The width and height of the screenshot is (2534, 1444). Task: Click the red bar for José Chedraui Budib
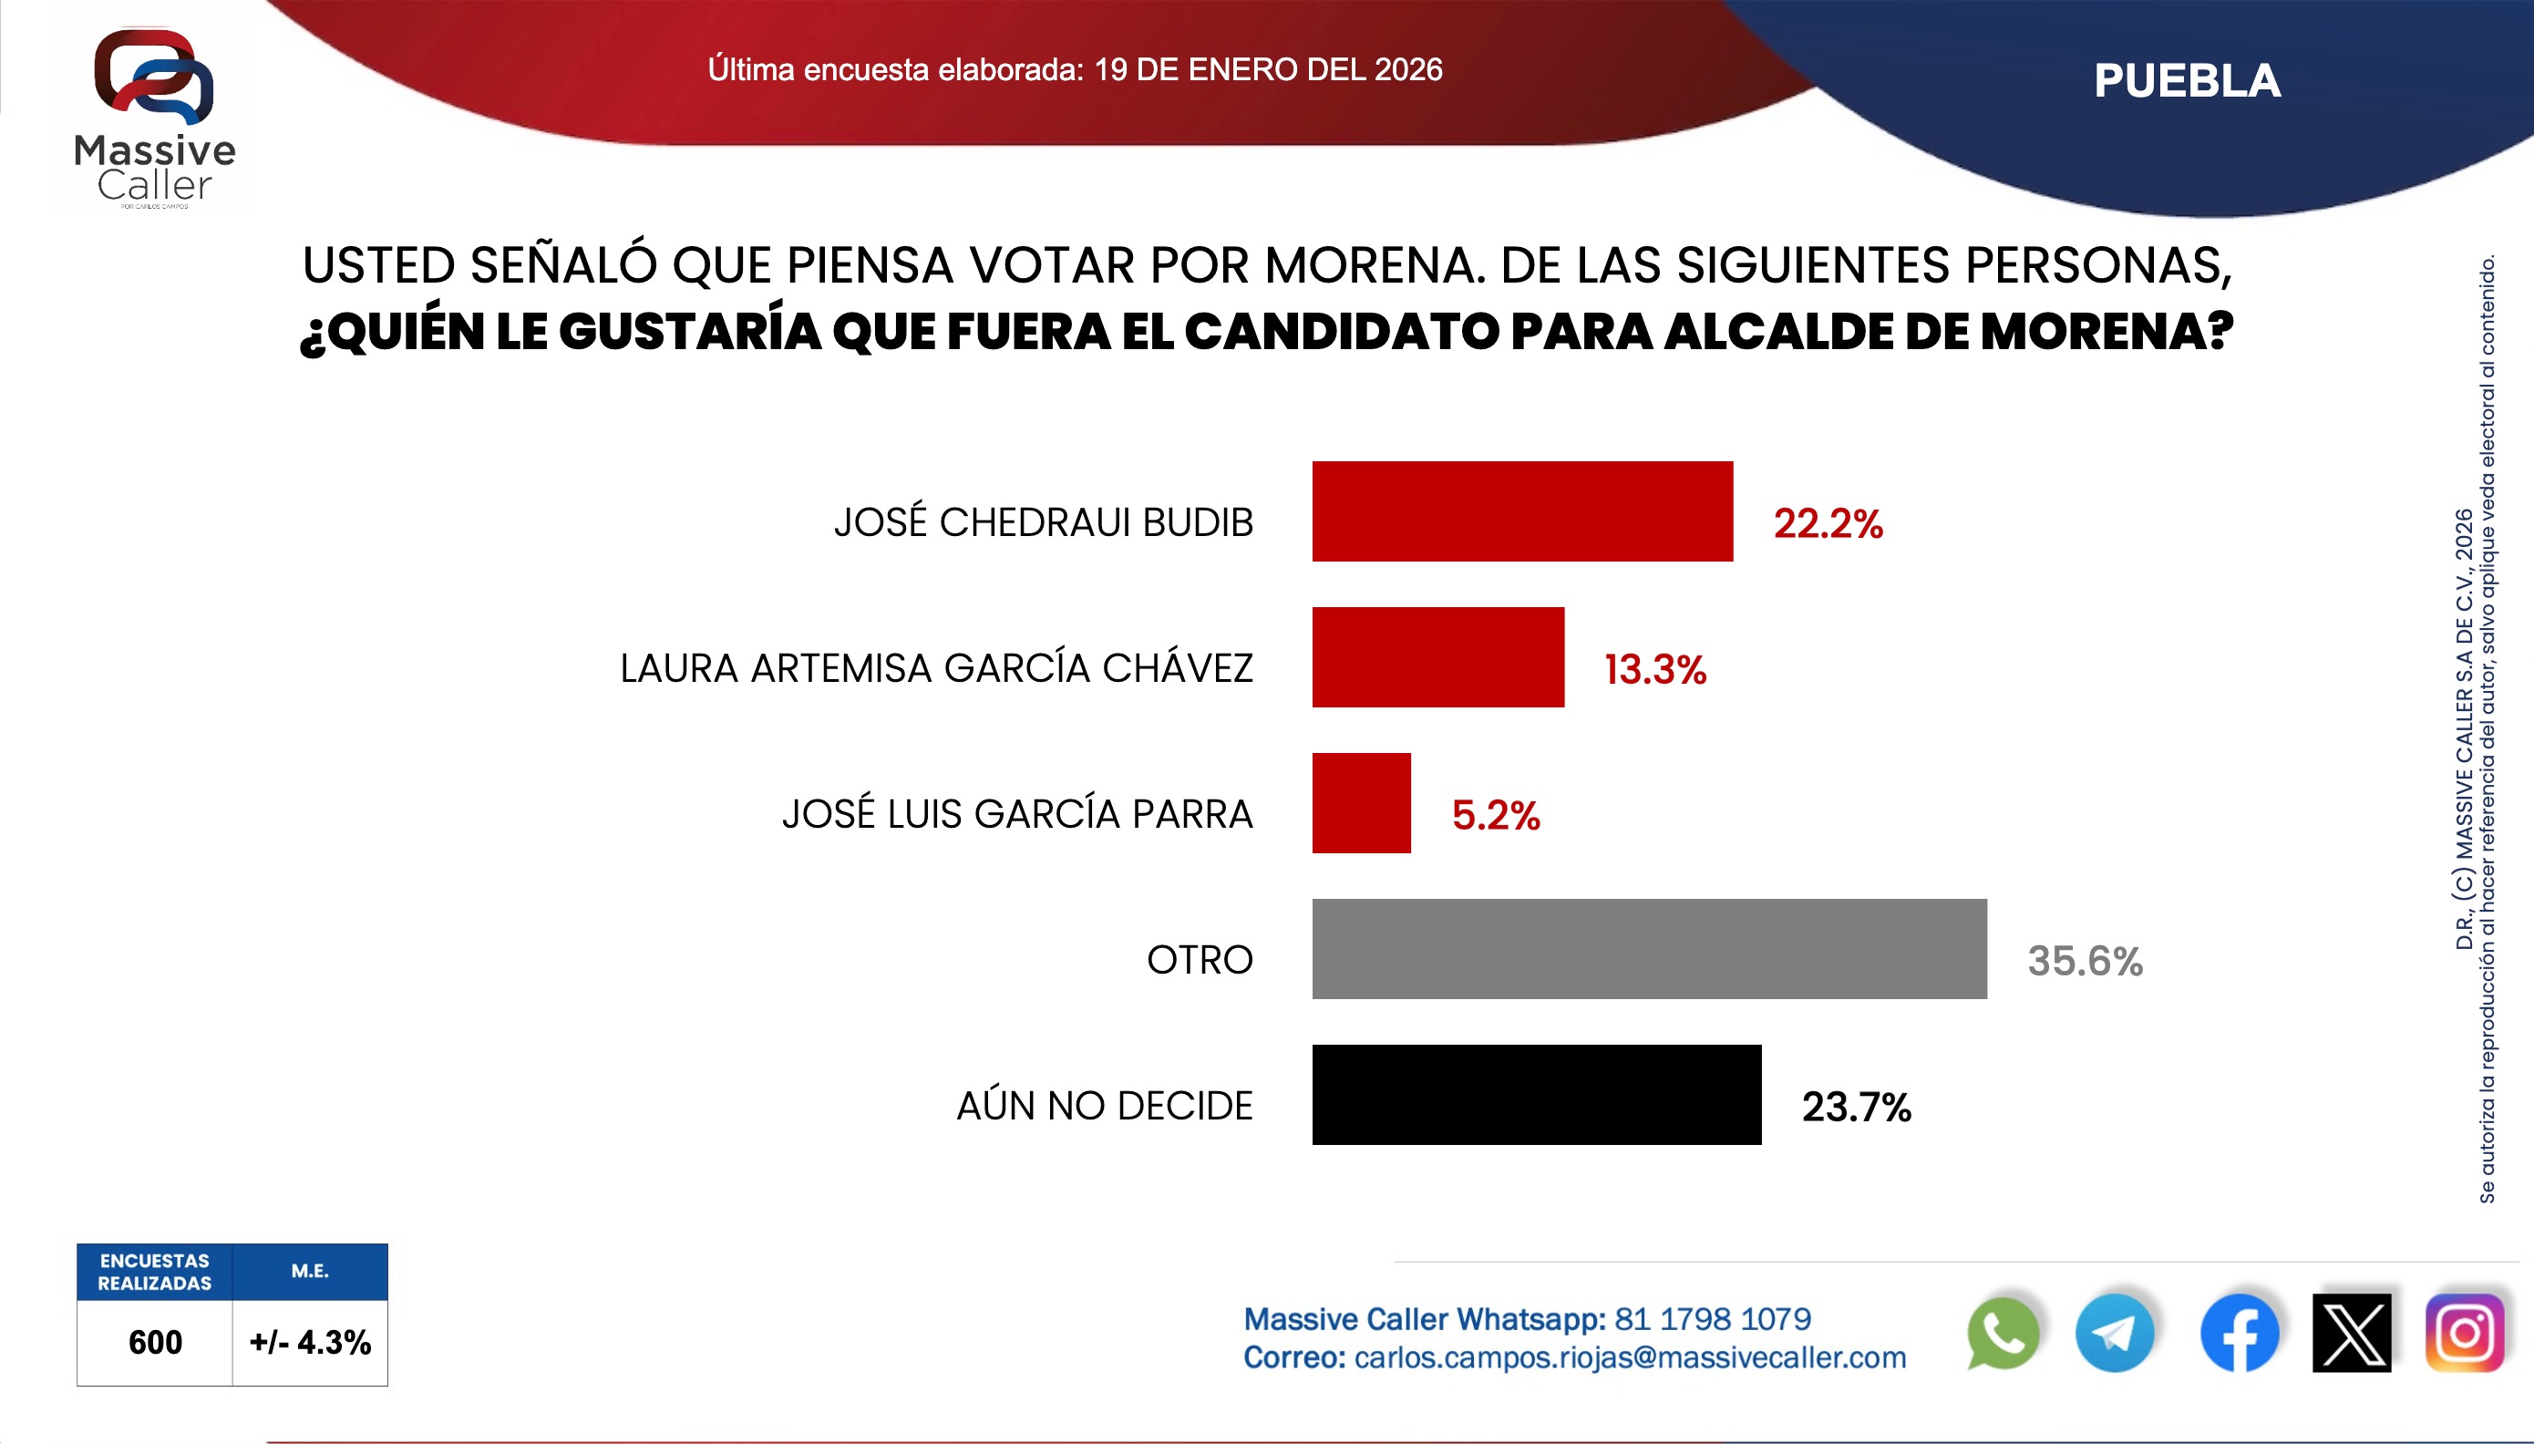pos(1522,511)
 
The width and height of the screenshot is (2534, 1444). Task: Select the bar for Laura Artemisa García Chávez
pos(1437,656)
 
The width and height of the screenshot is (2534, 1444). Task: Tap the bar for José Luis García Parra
pos(1361,802)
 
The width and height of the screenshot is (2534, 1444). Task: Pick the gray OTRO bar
pos(1649,948)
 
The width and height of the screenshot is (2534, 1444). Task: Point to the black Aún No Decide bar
pos(1537,1094)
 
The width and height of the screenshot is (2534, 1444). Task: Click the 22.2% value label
pos(1828,523)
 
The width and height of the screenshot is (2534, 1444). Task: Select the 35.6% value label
pos(2085,961)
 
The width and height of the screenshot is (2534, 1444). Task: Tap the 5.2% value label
pos(1495,815)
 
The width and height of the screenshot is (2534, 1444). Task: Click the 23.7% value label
pos(1856,1107)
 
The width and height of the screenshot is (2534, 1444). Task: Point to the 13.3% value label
pos(1654,669)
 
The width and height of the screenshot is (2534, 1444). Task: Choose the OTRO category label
pos(1200,960)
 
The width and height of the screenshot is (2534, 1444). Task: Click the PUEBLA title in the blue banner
pos(2187,81)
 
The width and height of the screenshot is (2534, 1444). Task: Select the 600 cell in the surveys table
pos(156,1342)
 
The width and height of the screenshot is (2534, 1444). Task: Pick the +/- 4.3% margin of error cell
pos(310,1342)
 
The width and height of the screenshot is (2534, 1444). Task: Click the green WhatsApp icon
pos(2003,1334)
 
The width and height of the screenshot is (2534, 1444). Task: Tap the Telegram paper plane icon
pos(2115,1334)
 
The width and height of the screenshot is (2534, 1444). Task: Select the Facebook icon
pos(2239,1334)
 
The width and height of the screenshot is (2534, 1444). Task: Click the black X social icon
pos(2352,1334)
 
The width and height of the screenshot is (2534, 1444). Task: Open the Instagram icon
pos(2465,1334)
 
